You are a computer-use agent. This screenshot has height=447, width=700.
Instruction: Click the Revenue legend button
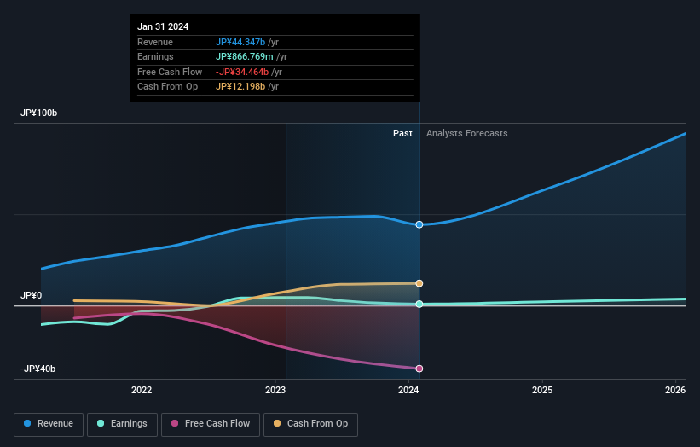(x=48, y=423)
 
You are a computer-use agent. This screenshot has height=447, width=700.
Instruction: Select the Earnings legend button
(x=121, y=423)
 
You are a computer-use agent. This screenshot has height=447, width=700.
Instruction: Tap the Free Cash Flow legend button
(x=210, y=423)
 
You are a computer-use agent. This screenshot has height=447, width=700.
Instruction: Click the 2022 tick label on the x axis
(x=142, y=391)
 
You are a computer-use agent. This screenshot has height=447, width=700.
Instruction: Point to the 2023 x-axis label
(x=275, y=391)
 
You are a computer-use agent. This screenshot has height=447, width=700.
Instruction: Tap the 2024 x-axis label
(x=408, y=391)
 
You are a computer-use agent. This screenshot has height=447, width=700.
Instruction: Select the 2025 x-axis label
(x=542, y=391)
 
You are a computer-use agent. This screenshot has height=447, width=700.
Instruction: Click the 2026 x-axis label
(x=675, y=391)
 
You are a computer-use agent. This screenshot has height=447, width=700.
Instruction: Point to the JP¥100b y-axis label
(x=39, y=113)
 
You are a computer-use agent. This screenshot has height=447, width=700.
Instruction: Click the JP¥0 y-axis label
(x=32, y=296)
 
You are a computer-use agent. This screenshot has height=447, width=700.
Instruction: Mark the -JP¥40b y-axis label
(x=38, y=369)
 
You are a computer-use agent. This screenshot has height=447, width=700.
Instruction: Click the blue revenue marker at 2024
(x=419, y=224)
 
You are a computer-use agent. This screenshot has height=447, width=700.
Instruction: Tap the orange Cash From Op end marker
(x=419, y=283)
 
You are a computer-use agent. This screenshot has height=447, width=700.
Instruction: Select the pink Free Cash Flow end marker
(x=419, y=369)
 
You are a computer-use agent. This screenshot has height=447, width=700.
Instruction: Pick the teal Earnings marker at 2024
(x=419, y=304)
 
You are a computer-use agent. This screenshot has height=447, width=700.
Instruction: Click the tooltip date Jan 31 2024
(x=164, y=26)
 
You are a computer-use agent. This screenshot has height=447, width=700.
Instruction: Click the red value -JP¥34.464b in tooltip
(x=242, y=72)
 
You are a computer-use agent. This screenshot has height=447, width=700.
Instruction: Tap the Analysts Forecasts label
(x=466, y=133)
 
